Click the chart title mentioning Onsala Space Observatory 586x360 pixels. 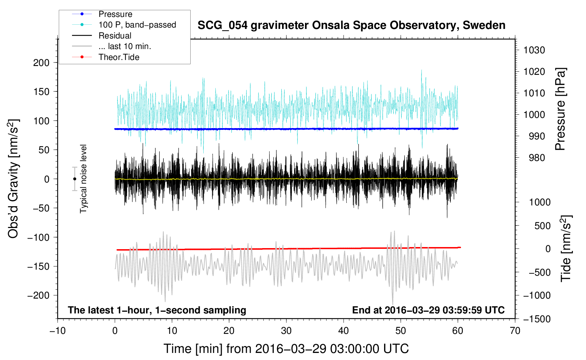click(351, 25)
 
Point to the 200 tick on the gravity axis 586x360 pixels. click(41, 63)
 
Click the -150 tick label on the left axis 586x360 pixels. click(38, 266)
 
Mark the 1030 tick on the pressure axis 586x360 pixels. click(534, 50)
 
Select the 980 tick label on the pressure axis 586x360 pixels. click(537, 158)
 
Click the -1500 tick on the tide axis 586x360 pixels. click(537, 319)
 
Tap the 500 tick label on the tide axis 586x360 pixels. click(542, 226)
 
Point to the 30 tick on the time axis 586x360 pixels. click(286, 331)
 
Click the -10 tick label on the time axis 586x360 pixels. click(58, 331)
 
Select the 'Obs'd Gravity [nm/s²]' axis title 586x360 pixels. click(13, 179)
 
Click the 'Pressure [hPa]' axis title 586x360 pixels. click(560, 109)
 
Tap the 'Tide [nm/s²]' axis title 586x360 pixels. click(566, 248)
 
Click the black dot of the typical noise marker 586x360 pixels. click(74, 179)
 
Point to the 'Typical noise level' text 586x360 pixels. click(83, 179)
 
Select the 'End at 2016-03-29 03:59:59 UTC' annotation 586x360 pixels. click(428, 310)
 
